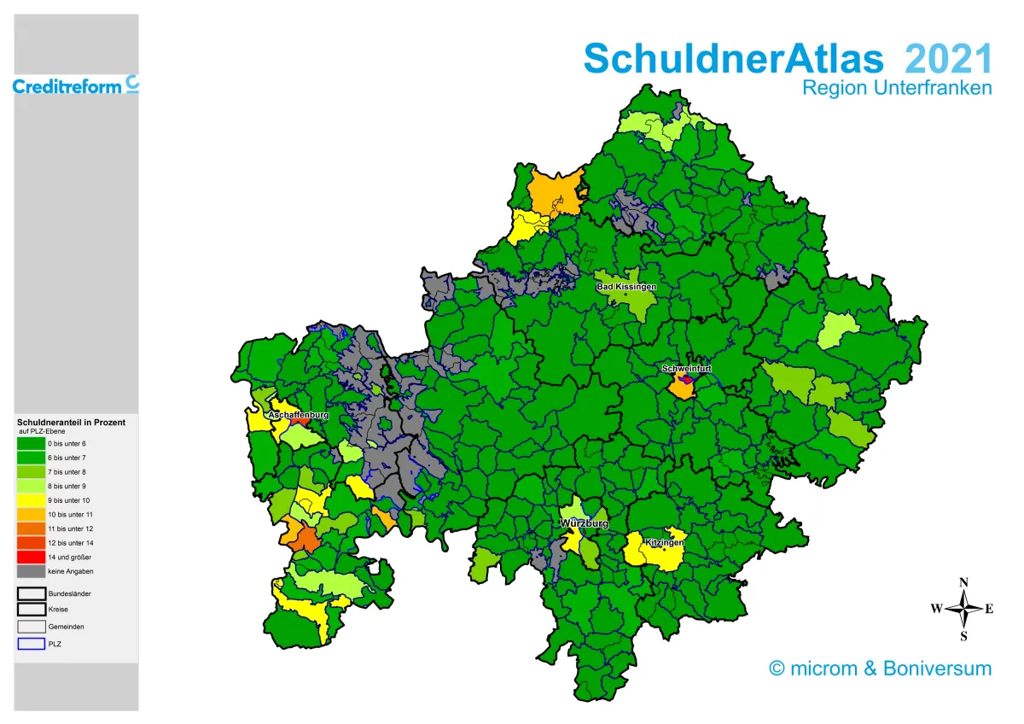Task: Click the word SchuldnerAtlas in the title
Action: [x=733, y=58]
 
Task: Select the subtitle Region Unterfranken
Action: [x=897, y=88]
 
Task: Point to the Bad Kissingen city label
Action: [x=626, y=287]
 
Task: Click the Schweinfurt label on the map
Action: [x=686, y=369]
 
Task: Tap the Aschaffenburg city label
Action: [x=299, y=415]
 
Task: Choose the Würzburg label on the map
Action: [x=584, y=523]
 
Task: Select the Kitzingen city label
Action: [x=664, y=542]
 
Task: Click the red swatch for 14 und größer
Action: [x=32, y=557]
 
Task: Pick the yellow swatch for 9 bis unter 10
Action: [x=32, y=500]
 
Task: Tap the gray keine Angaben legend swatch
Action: [x=32, y=571]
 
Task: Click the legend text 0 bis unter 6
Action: [x=67, y=444]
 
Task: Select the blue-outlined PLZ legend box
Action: [x=32, y=644]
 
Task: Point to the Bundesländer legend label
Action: [x=69, y=593]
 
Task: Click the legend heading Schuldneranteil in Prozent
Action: [x=71, y=423]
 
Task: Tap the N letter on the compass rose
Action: [x=964, y=583]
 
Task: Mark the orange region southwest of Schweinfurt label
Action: [x=680, y=388]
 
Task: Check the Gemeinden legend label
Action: [x=66, y=627]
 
